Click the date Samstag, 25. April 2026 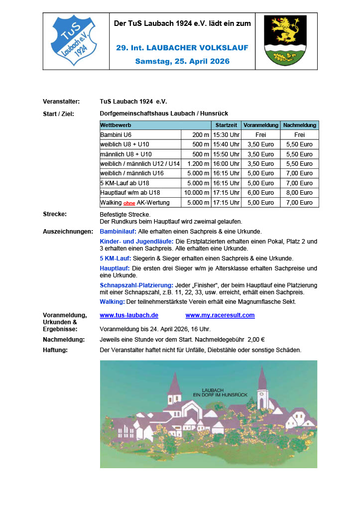(182, 61)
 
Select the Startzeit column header (227, 125)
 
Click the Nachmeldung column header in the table (299, 125)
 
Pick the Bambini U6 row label (116, 135)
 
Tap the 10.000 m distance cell (196, 193)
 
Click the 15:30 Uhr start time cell (227, 135)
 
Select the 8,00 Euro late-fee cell (299, 193)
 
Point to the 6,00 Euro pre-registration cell (261, 193)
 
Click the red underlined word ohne (129, 203)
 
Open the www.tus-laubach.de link (129, 315)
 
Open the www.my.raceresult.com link (220, 315)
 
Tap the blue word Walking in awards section (112, 302)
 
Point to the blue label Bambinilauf (118, 232)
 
